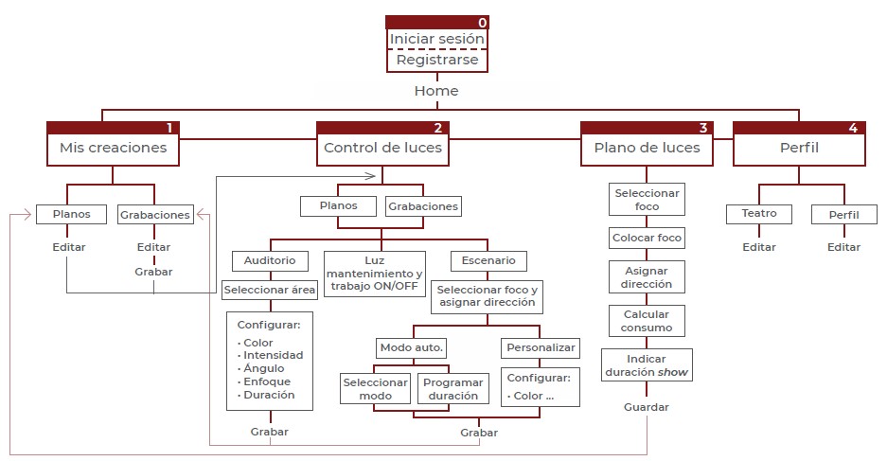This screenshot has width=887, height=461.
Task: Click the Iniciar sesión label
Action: (436, 39)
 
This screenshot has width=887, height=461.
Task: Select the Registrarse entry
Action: (436, 61)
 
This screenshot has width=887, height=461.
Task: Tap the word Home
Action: (436, 91)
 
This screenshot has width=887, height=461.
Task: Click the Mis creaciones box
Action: (113, 148)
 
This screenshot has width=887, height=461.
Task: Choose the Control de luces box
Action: (382, 148)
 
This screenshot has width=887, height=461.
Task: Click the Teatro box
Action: (759, 214)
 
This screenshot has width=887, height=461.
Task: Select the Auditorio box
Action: (270, 260)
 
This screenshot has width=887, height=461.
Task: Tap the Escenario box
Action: (488, 260)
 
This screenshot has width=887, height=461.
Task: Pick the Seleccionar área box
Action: (270, 289)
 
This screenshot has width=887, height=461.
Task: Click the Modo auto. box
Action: (412, 347)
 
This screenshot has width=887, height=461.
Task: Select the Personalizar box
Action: (541, 347)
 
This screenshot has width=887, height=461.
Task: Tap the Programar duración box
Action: (452, 389)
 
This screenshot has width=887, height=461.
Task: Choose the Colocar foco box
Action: (648, 238)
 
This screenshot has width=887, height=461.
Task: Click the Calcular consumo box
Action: (648, 321)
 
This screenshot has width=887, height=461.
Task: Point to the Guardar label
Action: (647, 407)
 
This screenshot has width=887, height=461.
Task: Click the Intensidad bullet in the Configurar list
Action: (274, 355)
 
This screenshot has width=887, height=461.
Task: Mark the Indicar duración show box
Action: (648, 365)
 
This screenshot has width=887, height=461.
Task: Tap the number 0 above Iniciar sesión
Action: (483, 22)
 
